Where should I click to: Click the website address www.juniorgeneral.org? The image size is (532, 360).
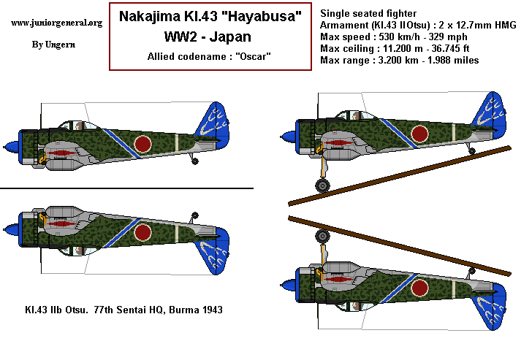pyautogui.click(x=57, y=23)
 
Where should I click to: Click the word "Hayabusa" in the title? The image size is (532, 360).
pyautogui.click(x=254, y=17)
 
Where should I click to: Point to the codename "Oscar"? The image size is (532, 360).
pyautogui.click(x=247, y=55)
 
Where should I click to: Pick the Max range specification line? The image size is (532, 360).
pyautogui.click(x=400, y=60)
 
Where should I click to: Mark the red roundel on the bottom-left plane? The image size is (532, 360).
pyautogui.click(x=142, y=232)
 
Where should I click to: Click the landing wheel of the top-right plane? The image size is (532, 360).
pyautogui.click(x=322, y=185)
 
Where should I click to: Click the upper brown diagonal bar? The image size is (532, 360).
pyautogui.click(x=399, y=175)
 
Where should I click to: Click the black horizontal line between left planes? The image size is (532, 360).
pyautogui.click(x=126, y=188)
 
